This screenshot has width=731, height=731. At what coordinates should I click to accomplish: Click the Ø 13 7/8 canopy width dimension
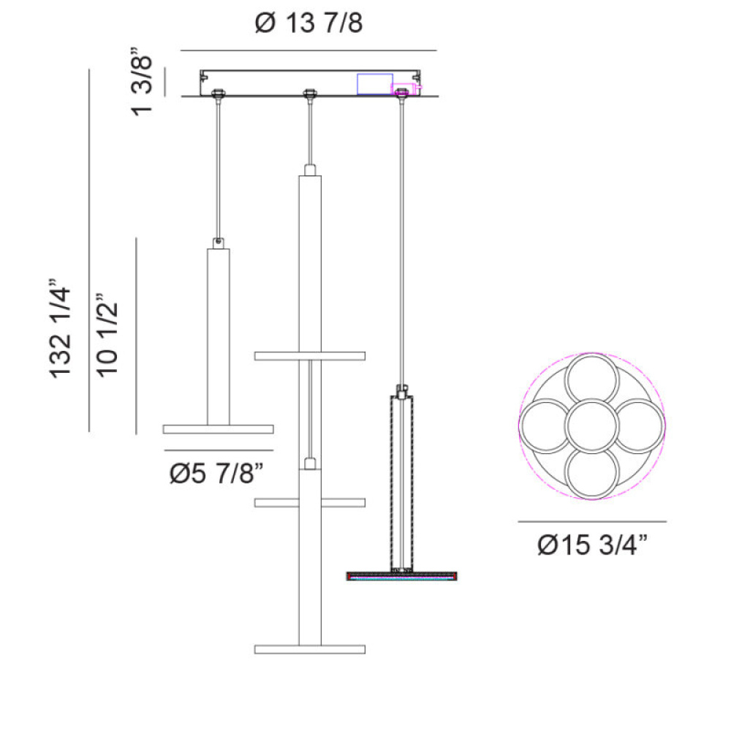(308, 23)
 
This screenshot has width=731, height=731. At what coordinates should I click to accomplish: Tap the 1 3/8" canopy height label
(142, 82)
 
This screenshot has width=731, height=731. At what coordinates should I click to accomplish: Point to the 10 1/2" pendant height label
(107, 335)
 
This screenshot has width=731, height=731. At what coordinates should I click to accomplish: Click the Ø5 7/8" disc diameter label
(217, 473)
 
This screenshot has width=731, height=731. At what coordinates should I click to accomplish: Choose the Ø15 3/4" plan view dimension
(593, 544)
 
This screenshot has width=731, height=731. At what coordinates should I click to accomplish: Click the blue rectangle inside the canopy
(375, 84)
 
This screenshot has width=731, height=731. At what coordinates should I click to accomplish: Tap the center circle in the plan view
(591, 425)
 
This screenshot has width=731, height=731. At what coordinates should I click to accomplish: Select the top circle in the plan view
(591, 380)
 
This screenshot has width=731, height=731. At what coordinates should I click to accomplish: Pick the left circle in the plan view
(546, 425)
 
